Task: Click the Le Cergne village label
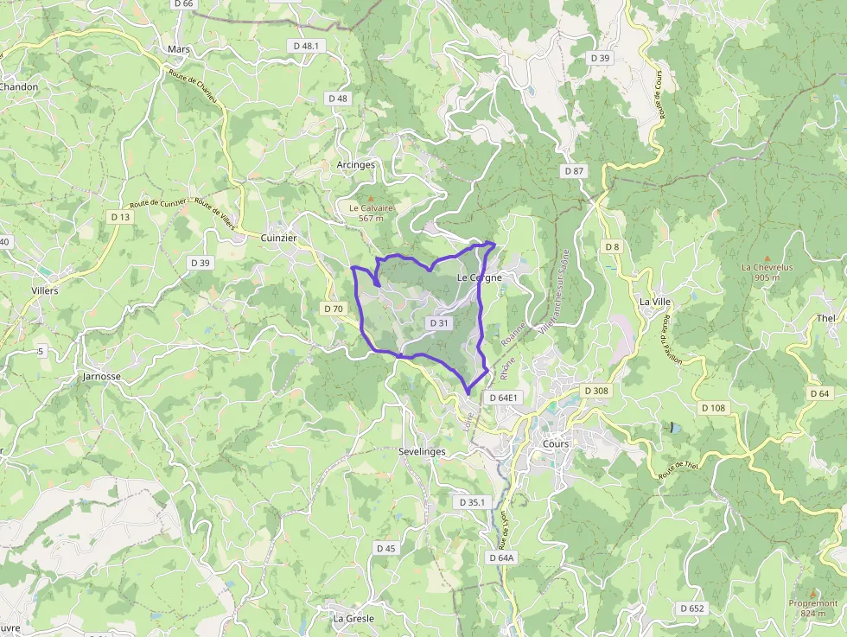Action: (x=480, y=277)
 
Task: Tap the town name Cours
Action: (x=556, y=443)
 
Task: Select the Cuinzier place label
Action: (x=278, y=238)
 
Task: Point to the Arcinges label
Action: (x=356, y=164)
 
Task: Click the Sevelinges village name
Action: (x=423, y=452)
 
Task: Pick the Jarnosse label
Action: (x=101, y=377)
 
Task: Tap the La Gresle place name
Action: (x=353, y=619)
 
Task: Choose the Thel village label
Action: (x=826, y=318)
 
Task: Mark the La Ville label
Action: (x=655, y=301)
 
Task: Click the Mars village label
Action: (x=179, y=49)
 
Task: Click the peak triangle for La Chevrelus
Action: (x=767, y=258)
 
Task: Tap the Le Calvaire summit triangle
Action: (x=372, y=198)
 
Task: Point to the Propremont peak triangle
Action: (x=812, y=593)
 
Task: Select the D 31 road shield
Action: (x=439, y=322)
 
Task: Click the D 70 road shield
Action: (x=334, y=308)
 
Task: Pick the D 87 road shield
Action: (x=575, y=171)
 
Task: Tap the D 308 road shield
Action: (x=596, y=391)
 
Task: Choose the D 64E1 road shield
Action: (x=502, y=398)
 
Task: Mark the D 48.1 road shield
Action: (x=306, y=46)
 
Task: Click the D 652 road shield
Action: (x=692, y=608)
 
